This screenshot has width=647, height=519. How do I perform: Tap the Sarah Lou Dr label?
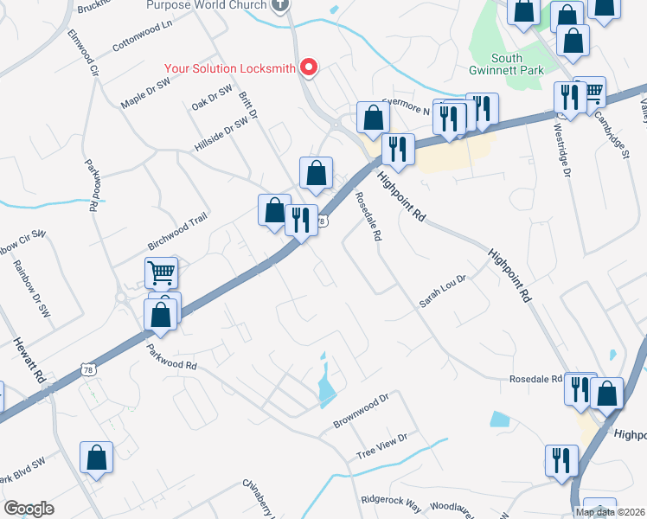point(443,292)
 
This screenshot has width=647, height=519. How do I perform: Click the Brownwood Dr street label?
point(362,413)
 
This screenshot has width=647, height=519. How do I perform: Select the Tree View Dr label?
point(381,447)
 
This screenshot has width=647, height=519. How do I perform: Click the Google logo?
point(29,509)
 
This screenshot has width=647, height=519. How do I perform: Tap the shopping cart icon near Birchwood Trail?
point(161,273)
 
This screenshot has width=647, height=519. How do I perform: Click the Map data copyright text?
point(609,512)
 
